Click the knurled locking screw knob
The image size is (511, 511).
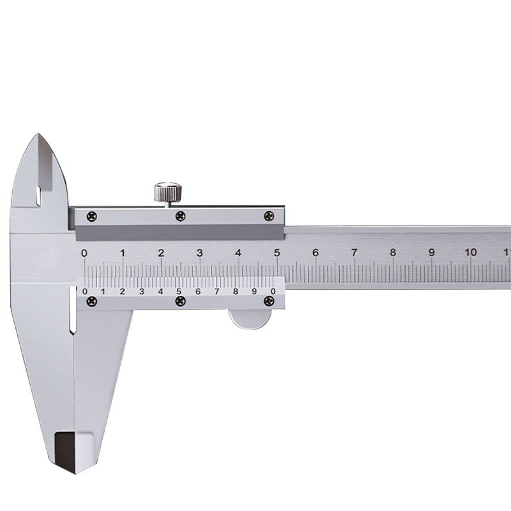click(x=168, y=193)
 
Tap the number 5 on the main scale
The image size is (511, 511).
click(x=277, y=252)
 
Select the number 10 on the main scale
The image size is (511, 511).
click(x=470, y=252)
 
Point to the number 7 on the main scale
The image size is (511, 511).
click(x=354, y=252)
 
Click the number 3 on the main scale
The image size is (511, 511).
click(x=200, y=252)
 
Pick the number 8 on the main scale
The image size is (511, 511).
click(x=393, y=252)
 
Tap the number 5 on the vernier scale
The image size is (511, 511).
click(x=179, y=291)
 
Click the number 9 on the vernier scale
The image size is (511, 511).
click(x=254, y=291)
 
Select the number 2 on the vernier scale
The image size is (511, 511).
click(x=122, y=291)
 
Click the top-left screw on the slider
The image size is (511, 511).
click(x=91, y=216)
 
